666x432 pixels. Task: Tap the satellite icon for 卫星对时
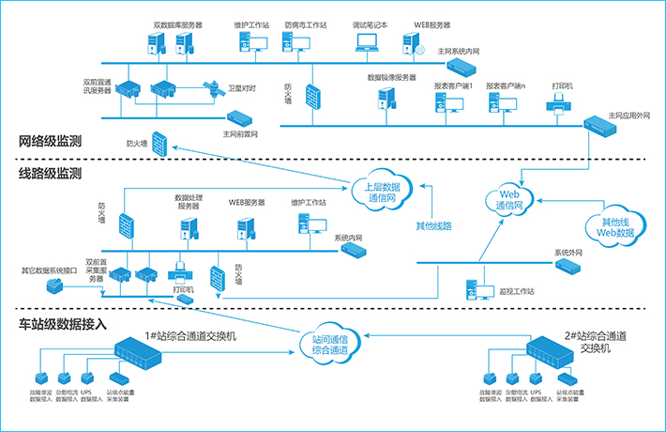(x=210, y=90)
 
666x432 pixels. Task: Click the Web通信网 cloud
(x=507, y=198)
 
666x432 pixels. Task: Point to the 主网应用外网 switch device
(x=598, y=123)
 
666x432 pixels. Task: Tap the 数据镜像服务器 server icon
(x=386, y=97)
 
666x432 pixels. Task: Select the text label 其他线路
(x=433, y=225)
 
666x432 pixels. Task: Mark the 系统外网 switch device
(x=568, y=266)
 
